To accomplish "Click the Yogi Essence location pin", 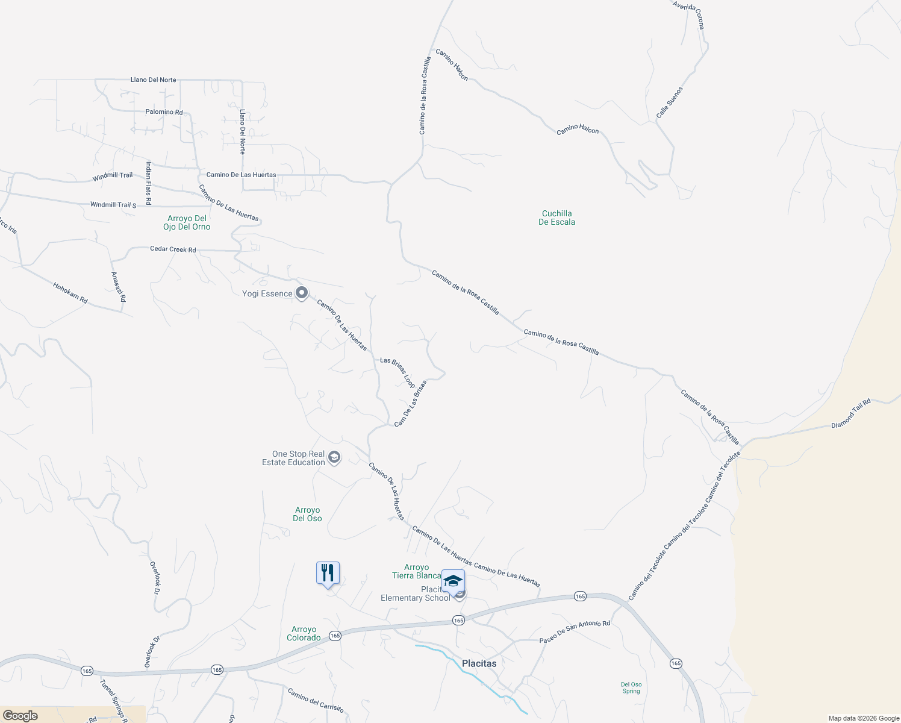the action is pyautogui.click(x=302, y=293).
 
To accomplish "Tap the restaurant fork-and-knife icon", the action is pyautogui.click(x=328, y=573).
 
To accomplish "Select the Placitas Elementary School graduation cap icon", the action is pyautogui.click(x=453, y=581).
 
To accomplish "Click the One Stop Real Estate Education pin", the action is pyautogui.click(x=335, y=458).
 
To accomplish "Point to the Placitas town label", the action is pyautogui.click(x=479, y=663).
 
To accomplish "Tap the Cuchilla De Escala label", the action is pyautogui.click(x=556, y=218).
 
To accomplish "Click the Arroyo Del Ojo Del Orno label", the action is pyautogui.click(x=187, y=222).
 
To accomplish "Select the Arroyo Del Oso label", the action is pyautogui.click(x=307, y=514).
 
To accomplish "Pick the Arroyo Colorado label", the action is pyautogui.click(x=304, y=633).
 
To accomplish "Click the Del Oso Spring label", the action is pyautogui.click(x=631, y=687).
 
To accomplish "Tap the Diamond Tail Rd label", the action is pyautogui.click(x=851, y=414).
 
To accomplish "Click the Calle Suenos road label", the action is pyautogui.click(x=670, y=102).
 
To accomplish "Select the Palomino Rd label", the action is pyautogui.click(x=164, y=112).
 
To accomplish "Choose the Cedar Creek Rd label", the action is pyautogui.click(x=173, y=249).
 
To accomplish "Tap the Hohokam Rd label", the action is pyautogui.click(x=70, y=293).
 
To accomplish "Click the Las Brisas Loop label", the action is pyautogui.click(x=397, y=372).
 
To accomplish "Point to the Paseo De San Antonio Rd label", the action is pyautogui.click(x=575, y=631).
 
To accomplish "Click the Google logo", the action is pyautogui.click(x=20, y=715).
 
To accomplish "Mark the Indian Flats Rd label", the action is pyautogui.click(x=148, y=183).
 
